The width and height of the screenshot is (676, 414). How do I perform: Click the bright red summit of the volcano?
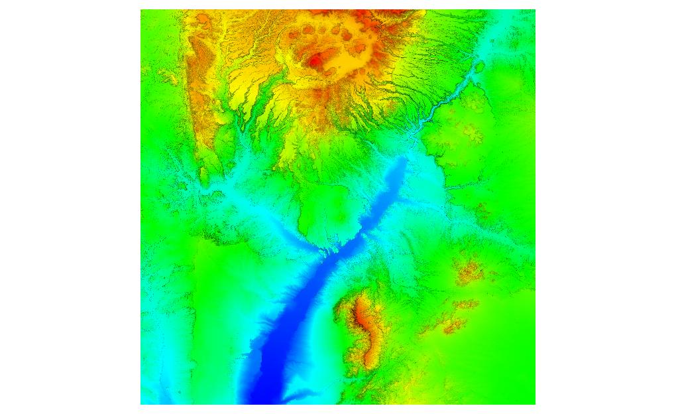tap(315, 62)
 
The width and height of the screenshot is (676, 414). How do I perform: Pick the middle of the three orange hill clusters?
tap(465, 305)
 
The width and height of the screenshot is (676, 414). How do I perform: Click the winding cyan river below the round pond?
tap(451, 100)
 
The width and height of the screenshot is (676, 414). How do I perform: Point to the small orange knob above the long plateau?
tap(201, 24)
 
